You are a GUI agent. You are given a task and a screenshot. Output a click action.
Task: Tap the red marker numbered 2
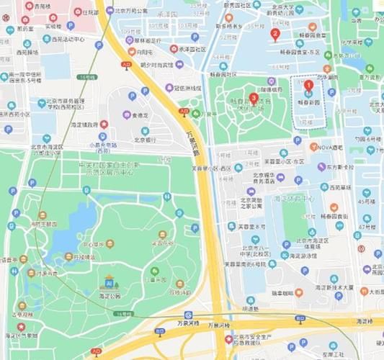click(x=274, y=34)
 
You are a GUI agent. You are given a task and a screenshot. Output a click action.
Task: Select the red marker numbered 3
click(x=253, y=99)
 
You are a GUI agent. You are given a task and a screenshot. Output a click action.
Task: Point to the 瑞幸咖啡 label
click(x=277, y=293)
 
